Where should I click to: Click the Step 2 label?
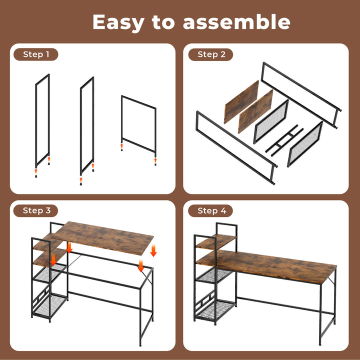(211, 54)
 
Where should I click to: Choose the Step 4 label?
(211, 211)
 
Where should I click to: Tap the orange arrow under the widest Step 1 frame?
(121, 145)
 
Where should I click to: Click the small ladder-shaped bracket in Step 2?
(284, 139)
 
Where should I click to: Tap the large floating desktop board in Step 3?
(102, 237)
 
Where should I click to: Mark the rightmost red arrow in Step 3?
(153, 250)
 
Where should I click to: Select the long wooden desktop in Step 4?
(270, 265)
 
